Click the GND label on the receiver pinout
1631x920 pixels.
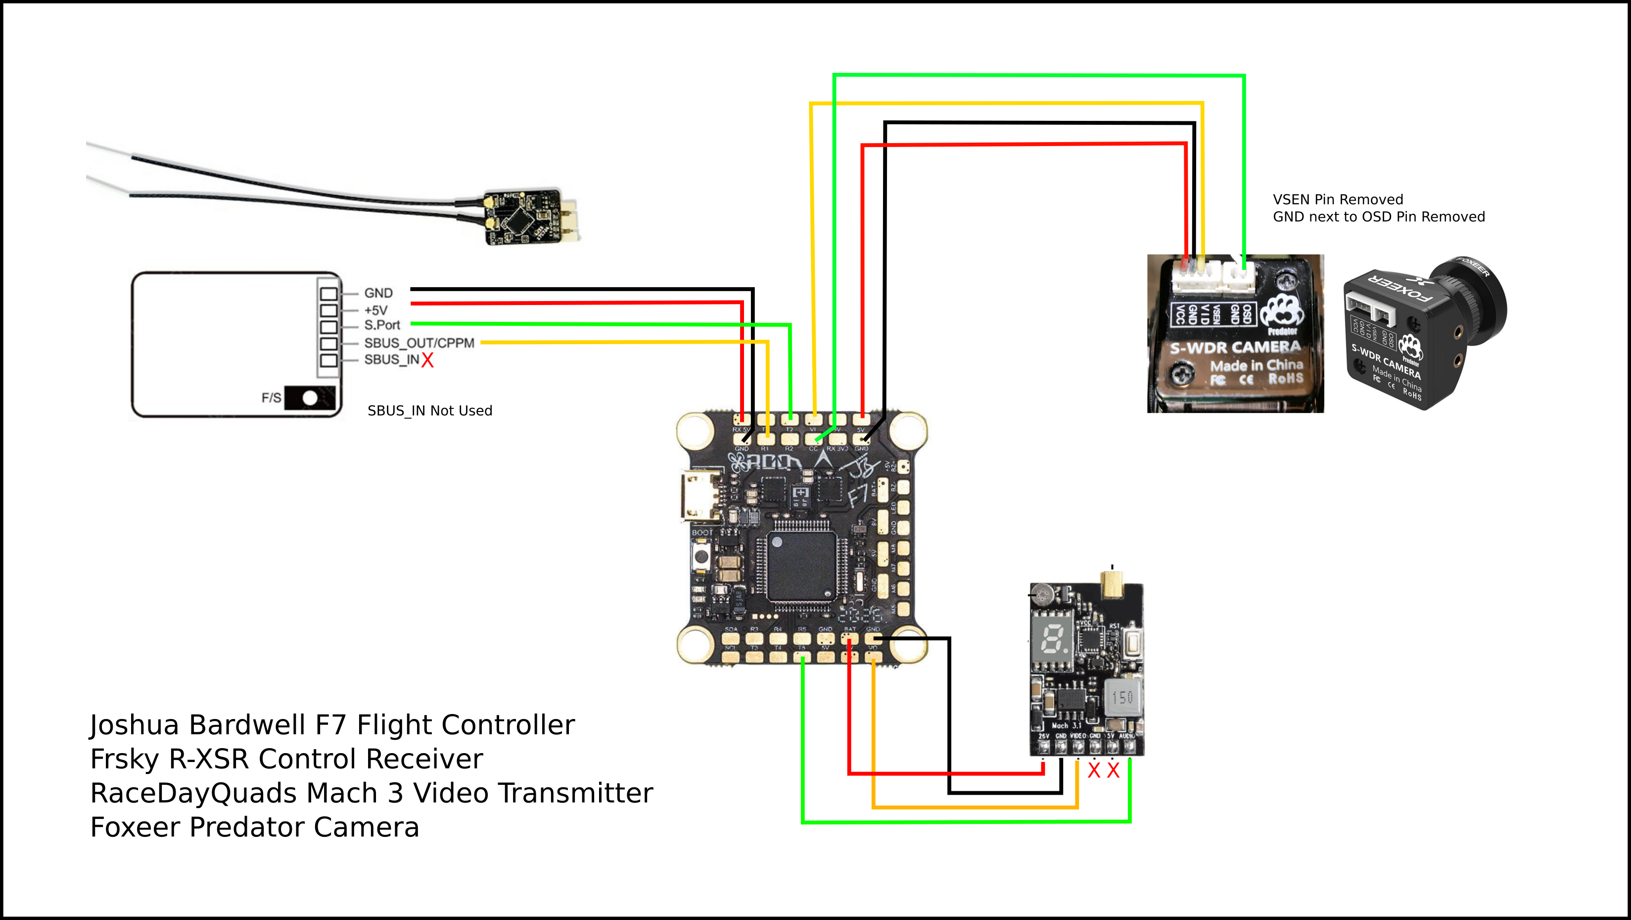378,293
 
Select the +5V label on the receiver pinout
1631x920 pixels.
375,310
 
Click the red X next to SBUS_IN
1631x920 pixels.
427,360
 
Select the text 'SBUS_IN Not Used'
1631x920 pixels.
429,411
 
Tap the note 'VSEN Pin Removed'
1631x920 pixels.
1337,200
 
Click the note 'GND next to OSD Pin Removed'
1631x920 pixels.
1378,217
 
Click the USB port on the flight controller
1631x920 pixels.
699,496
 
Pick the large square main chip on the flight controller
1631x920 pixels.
801,566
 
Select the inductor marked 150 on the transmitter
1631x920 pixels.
1122,698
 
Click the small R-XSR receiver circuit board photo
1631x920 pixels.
523,217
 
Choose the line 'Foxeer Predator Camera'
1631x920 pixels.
255,827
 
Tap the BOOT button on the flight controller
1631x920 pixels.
701,557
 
